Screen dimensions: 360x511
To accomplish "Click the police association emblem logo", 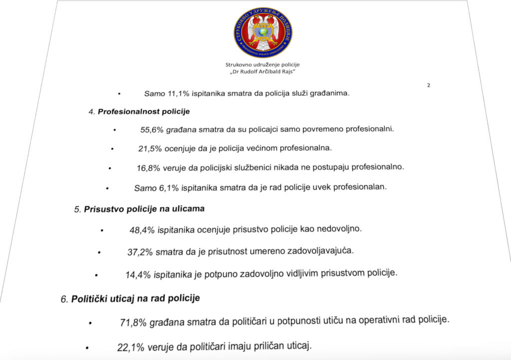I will coord(262,32).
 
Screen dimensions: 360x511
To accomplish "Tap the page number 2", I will coord(429,85).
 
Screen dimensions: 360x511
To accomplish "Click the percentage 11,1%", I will coord(171,93).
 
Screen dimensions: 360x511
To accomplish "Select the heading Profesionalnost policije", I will coord(136,111).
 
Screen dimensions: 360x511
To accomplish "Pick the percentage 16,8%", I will coord(148,168).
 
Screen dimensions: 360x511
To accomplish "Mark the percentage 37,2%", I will coord(140,252).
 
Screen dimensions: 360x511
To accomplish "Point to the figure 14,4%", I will coord(138,275).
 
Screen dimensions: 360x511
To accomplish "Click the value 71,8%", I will coord(133,323).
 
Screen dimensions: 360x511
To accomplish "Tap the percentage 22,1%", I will coord(131,347).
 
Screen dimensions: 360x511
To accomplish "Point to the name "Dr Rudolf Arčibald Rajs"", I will coord(262,72).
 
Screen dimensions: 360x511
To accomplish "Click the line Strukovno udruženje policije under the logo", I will coord(262,64).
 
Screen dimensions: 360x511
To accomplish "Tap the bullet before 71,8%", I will coord(90,324).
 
